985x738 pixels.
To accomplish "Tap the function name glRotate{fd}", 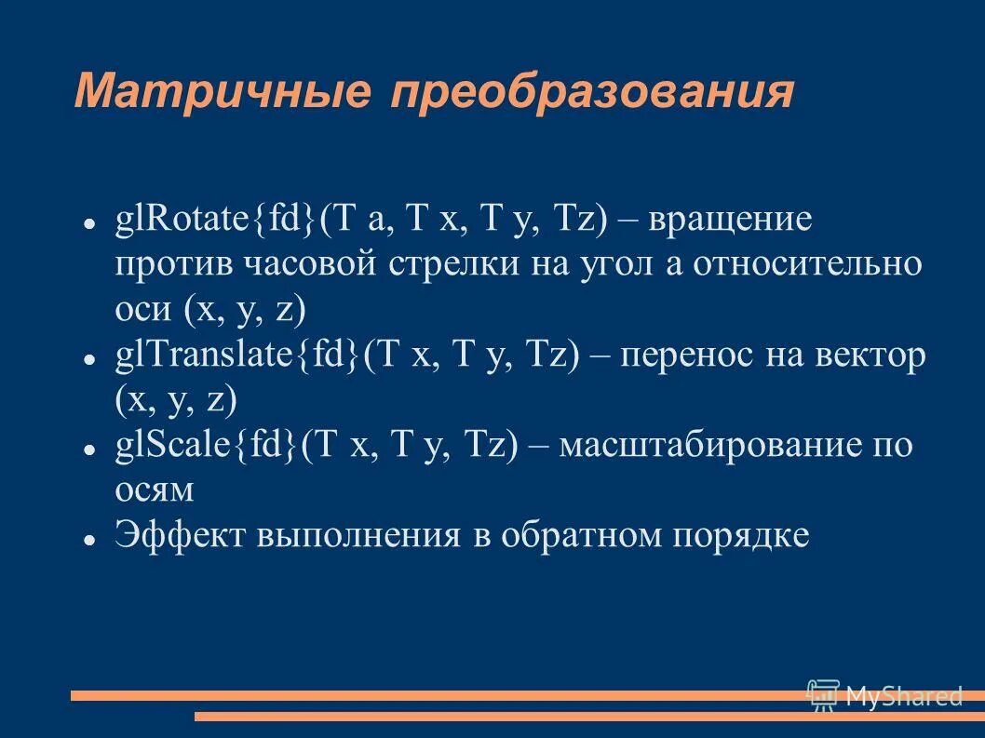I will pyautogui.click(x=215, y=222).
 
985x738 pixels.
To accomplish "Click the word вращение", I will pyautogui.click(x=730, y=222).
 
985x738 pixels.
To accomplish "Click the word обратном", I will pyautogui.click(x=573, y=535).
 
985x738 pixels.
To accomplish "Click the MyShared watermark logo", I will pyautogui.click(x=884, y=694).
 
